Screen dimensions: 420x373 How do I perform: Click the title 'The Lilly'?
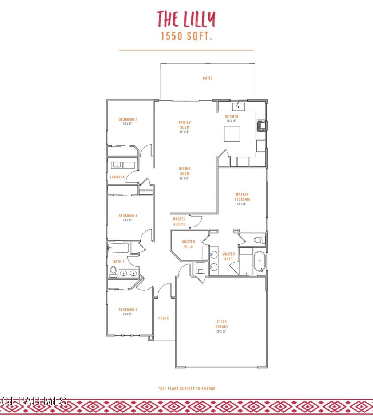(x=186, y=19)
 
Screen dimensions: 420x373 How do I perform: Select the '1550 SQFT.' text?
(x=186, y=36)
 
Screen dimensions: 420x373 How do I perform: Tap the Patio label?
(x=208, y=78)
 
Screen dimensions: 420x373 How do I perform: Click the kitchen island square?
(x=232, y=134)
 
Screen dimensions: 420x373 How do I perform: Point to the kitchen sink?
(x=238, y=106)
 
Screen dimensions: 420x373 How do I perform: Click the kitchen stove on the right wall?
(x=262, y=125)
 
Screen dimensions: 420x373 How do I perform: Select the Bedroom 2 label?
(x=127, y=121)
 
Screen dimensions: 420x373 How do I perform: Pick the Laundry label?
(x=117, y=177)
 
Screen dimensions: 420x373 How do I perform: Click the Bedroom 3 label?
(x=127, y=218)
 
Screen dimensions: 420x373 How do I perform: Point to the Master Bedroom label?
(x=242, y=199)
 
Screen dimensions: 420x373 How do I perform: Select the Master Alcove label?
(x=179, y=221)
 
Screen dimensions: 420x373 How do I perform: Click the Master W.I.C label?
(x=188, y=244)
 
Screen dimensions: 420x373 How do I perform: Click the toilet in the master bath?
(x=259, y=240)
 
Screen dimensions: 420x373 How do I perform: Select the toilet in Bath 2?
(x=113, y=271)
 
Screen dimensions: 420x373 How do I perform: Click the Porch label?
(x=164, y=318)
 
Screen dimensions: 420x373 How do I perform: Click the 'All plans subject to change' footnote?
(x=186, y=389)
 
